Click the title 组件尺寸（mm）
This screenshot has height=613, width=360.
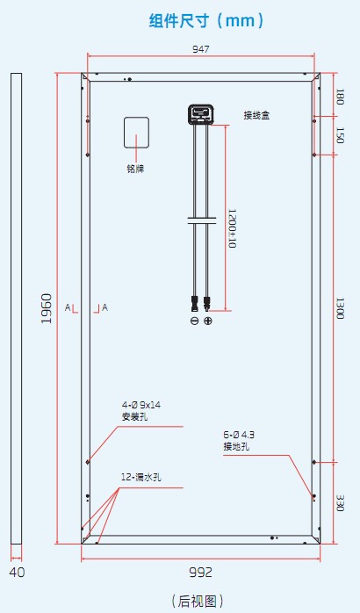[x=206, y=20]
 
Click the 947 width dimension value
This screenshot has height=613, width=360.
[x=200, y=49]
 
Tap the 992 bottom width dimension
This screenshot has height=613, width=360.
[x=200, y=573]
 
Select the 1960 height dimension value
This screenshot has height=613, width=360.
[x=47, y=308]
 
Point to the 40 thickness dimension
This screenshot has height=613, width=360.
[x=17, y=573]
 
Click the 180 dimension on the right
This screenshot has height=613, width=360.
[x=340, y=97]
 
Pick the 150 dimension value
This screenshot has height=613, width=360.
[x=340, y=135]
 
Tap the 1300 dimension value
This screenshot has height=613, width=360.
[x=340, y=308]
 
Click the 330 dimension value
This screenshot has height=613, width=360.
[x=340, y=502]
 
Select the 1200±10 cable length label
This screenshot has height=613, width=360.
[x=232, y=228]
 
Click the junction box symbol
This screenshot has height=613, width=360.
[x=201, y=115]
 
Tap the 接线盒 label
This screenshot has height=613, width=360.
[x=256, y=115]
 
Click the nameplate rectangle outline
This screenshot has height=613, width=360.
[x=136, y=118]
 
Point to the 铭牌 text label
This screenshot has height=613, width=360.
[x=135, y=169]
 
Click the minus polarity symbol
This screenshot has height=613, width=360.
[x=194, y=321]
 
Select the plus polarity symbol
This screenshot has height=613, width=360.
[x=208, y=321]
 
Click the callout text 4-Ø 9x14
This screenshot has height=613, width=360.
[x=141, y=406]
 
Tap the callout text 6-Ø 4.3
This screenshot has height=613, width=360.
[x=239, y=435]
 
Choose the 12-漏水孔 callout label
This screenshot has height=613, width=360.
[x=141, y=478]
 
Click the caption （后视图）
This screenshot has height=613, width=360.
[x=198, y=601]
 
